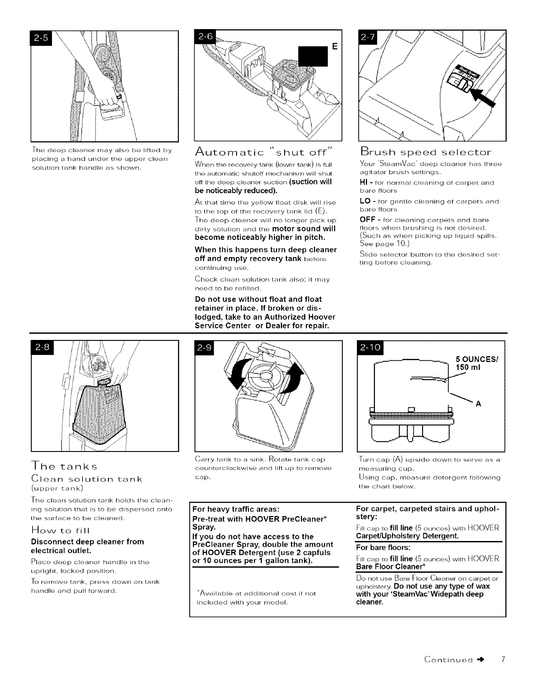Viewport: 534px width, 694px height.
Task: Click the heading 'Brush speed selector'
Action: click(426, 153)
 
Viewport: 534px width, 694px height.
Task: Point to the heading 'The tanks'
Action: click(64, 466)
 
